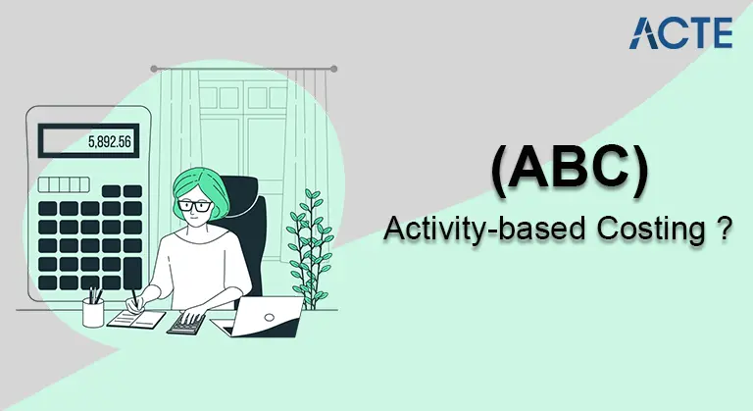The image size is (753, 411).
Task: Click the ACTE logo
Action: (x=680, y=32)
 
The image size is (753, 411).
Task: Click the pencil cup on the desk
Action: (x=94, y=311)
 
